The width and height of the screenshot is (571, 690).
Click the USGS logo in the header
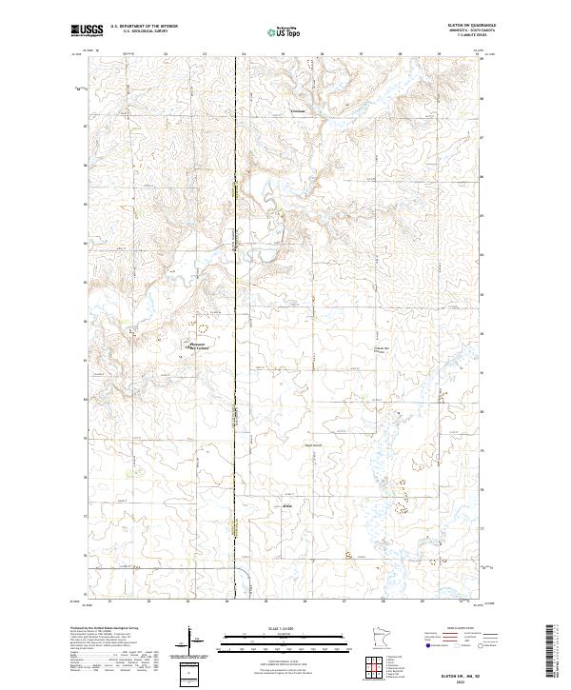[x=88, y=30]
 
